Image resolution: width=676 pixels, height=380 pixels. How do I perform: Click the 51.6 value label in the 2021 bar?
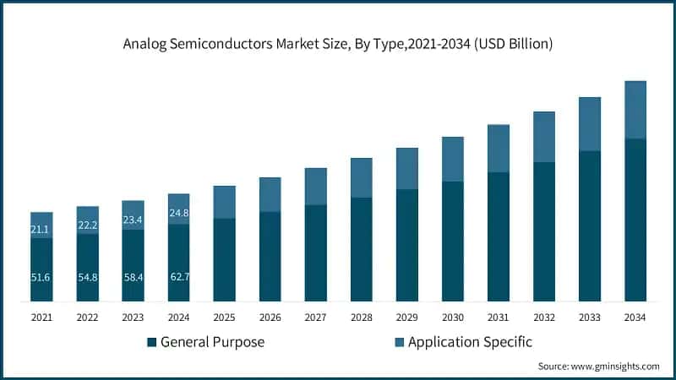pos(41,278)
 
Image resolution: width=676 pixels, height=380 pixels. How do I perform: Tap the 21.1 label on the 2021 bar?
pos(41,229)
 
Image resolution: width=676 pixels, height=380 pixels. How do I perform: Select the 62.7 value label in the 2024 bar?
pos(178,278)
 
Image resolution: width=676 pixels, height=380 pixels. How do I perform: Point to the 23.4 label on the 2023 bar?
pos(133,220)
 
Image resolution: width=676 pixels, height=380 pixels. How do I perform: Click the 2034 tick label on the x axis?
pos(635,318)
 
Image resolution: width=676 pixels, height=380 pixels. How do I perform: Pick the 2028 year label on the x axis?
pos(361,318)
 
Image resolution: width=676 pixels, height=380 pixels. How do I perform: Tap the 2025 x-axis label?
pos(224,318)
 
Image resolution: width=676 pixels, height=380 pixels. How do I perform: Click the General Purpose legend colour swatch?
pos(151,342)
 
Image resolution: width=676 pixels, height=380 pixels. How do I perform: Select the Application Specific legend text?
pos(469,342)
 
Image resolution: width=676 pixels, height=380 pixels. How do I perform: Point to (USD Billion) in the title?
pos(512,43)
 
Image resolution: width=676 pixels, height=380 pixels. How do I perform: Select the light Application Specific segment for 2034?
pos(635,110)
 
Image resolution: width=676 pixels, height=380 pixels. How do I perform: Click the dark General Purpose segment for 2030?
pos(453,241)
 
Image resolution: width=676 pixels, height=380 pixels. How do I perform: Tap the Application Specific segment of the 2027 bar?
pos(315,186)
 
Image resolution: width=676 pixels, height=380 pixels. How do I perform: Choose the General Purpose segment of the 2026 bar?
pos(270,256)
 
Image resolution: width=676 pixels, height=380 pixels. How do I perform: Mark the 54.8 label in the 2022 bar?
pos(87,278)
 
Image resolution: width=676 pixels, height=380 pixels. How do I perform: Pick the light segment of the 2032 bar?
pos(543,137)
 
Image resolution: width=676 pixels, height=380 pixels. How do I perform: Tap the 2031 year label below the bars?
pos(498,318)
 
